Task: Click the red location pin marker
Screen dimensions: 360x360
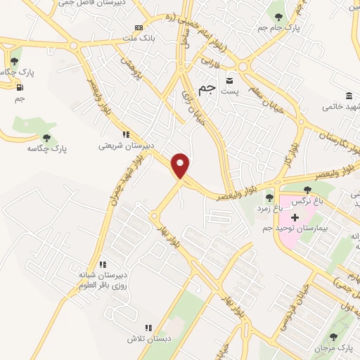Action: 181,165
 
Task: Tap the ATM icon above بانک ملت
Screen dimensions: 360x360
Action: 128,27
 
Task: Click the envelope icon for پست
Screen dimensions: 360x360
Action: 229,80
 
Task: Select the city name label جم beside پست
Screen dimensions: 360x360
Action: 206,89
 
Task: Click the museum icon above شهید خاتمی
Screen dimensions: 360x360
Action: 349,96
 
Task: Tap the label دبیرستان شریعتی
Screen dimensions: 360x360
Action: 126,147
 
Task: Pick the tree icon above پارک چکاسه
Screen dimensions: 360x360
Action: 46,138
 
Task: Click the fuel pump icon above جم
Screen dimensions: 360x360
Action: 19,87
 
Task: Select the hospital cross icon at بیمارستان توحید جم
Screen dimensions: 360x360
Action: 295,218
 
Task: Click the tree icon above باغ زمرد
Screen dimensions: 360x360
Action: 269,197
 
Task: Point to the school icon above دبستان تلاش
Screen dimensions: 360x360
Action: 148,327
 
